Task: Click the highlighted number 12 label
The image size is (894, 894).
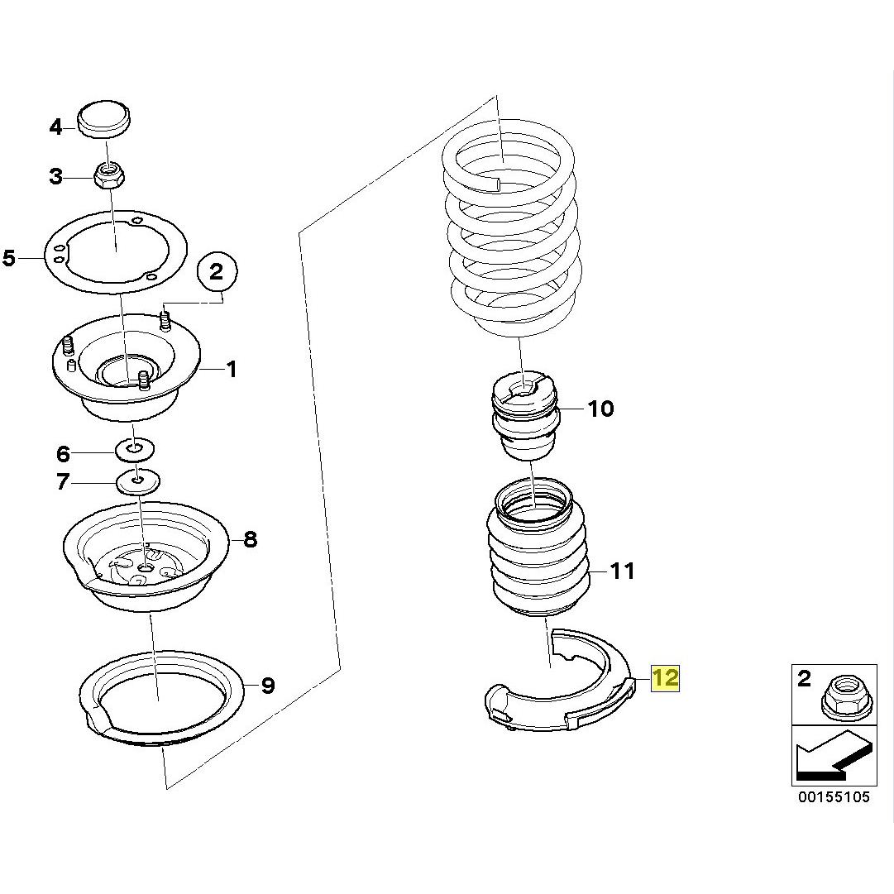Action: pyautogui.click(x=666, y=677)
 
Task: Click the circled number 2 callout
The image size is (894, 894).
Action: pyautogui.click(x=217, y=271)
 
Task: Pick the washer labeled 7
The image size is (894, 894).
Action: pyautogui.click(x=138, y=482)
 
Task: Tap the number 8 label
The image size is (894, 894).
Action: pyautogui.click(x=251, y=538)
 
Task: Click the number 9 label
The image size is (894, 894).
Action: pyautogui.click(x=268, y=686)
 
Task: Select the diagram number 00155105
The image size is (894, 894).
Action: pyautogui.click(x=834, y=797)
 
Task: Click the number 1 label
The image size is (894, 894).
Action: pyautogui.click(x=231, y=370)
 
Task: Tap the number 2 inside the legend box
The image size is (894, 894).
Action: pyautogui.click(x=804, y=678)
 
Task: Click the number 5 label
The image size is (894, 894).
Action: pyautogui.click(x=9, y=258)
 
